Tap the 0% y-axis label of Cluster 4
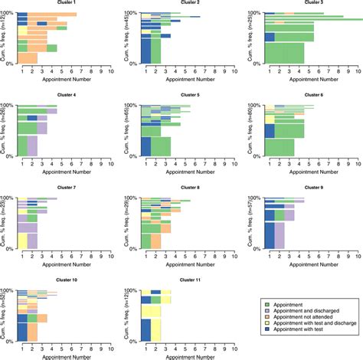[x=10, y=156]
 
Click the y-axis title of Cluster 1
[x=4, y=38]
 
